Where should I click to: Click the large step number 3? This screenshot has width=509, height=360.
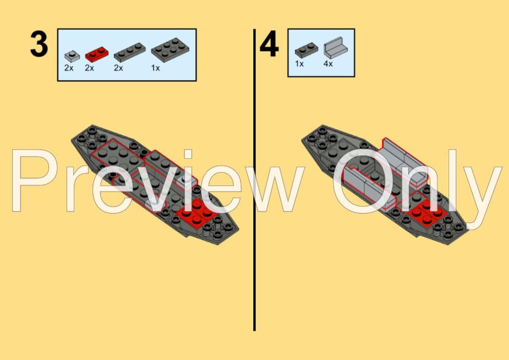point(39,44)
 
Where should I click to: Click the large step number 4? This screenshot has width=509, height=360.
point(269,44)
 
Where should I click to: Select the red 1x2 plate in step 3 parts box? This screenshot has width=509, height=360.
point(97,54)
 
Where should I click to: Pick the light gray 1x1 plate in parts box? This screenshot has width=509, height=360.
point(72,56)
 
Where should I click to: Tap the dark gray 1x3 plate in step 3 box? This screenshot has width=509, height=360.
point(130,52)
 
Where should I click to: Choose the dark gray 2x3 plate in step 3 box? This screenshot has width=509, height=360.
point(170,50)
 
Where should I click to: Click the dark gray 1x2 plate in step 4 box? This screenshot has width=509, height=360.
point(306,50)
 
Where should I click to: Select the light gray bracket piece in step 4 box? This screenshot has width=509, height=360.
point(336,47)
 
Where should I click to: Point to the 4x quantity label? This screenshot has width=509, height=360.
point(328,64)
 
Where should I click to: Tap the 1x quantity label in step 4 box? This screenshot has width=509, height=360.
point(299,64)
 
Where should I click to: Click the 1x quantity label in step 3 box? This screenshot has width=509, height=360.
point(155,68)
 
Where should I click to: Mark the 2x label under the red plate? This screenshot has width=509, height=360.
point(89,68)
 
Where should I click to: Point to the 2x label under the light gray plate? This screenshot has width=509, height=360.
point(69,68)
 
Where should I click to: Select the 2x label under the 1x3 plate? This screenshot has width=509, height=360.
point(118,68)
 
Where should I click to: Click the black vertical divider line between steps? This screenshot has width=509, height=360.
point(254,180)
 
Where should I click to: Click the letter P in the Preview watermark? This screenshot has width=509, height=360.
point(32,181)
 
